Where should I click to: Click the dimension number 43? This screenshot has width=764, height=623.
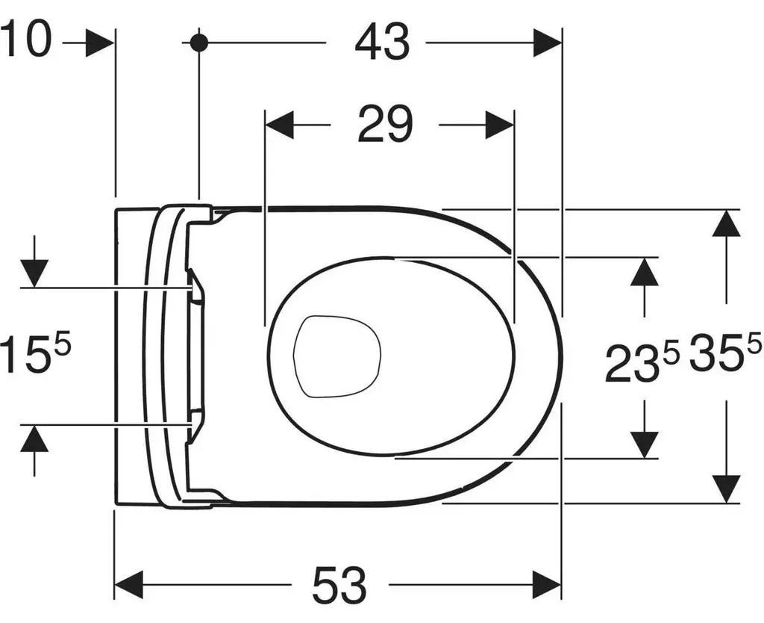click(x=383, y=43)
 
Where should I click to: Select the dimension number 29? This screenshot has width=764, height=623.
click(x=385, y=125)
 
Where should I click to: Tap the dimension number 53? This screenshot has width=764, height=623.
click(x=339, y=584)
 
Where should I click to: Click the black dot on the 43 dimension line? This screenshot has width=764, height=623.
click(x=198, y=43)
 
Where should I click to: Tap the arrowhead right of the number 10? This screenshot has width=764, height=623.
click(x=100, y=43)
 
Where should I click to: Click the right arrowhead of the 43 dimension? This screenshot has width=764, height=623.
click(x=548, y=43)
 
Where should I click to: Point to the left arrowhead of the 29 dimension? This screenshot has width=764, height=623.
click(x=280, y=125)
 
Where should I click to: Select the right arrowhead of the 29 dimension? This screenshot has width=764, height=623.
click(x=499, y=125)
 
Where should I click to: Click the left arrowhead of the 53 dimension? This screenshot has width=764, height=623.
click(x=128, y=584)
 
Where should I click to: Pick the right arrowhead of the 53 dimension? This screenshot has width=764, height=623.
click(x=548, y=584)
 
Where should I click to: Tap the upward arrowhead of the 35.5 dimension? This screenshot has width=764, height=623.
click(x=727, y=223)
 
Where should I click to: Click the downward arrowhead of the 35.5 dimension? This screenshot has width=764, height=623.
click(x=727, y=489)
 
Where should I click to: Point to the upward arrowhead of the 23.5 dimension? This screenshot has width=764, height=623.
click(x=645, y=271)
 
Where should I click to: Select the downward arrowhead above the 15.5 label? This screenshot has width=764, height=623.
click(x=34, y=273)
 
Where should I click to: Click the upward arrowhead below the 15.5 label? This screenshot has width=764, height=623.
click(x=34, y=438)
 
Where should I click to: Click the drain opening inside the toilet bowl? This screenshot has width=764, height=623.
click(x=336, y=356)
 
